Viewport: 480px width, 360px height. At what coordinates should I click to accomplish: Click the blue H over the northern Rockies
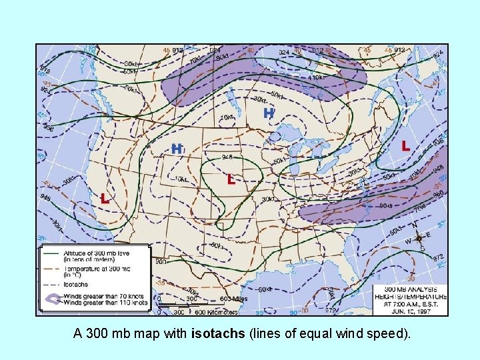click(x=177, y=148)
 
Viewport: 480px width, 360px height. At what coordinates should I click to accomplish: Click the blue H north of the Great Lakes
click(x=269, y=113)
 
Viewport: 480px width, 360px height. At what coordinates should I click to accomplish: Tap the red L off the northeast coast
click(x=405, y=145)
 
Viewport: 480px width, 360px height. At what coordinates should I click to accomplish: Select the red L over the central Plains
click(x=231, y=179)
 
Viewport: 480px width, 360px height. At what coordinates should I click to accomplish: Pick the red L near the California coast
click(x=105, y=198)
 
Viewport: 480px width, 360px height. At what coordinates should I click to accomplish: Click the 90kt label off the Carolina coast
click(x=385, y=205)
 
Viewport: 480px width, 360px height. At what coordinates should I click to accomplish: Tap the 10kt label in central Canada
click(x=227, y=118)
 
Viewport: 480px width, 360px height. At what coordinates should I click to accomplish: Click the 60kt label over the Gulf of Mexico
click(x=265, y=289)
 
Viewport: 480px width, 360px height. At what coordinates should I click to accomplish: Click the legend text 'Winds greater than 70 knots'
click(x=105, y=297)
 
